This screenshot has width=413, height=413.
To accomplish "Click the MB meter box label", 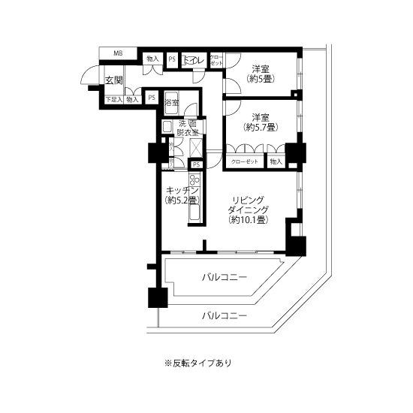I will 118,53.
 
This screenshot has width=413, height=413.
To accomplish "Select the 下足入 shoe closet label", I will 113,98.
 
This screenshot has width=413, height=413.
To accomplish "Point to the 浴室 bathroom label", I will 172,102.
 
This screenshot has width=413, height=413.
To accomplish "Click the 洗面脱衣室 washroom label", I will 188,128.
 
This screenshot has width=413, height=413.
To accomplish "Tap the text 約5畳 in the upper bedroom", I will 261,78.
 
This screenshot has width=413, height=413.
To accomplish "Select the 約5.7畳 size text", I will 261,128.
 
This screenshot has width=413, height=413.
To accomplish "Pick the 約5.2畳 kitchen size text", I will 181,200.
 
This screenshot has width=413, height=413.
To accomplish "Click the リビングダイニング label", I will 249,203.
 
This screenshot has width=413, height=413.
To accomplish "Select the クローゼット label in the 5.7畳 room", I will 243,161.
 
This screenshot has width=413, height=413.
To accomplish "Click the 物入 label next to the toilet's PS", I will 152,59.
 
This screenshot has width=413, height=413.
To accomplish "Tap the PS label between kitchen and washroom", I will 196,164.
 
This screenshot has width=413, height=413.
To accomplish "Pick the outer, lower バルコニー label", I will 225,316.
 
